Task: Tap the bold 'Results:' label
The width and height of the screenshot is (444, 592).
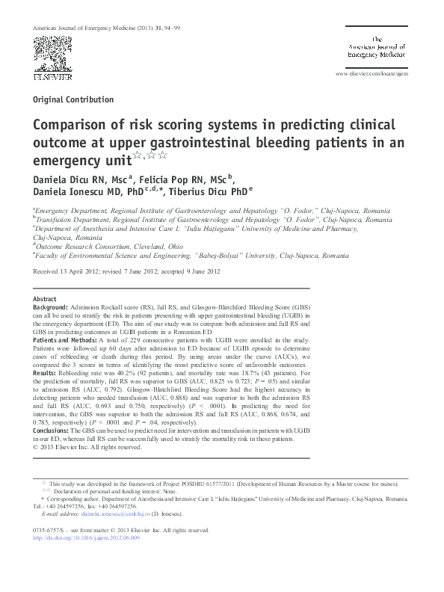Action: click(x=46, y=371)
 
